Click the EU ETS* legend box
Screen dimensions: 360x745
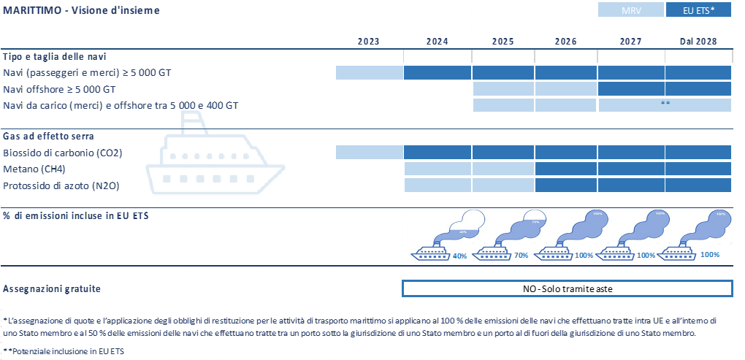click(698, 11)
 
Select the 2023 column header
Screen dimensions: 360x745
click(369, 42)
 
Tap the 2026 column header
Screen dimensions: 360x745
click(565, 42)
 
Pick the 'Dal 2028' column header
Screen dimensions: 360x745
click(698, 42)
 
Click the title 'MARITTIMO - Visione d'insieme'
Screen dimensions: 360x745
click(81, 11)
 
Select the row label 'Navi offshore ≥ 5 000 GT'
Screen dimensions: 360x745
click(59, 89)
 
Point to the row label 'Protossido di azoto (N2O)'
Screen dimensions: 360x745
click(61, 186)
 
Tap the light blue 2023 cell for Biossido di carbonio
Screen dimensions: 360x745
click(370, 153)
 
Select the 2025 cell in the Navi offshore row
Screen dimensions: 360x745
click(503, 89)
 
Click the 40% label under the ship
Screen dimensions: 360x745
click(459, 256)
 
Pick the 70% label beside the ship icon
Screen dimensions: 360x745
click(521, 256)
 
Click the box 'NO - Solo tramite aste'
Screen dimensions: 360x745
click(567, 288)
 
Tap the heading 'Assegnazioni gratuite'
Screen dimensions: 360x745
click(52, 288)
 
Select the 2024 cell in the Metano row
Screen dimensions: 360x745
click(438, 169)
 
